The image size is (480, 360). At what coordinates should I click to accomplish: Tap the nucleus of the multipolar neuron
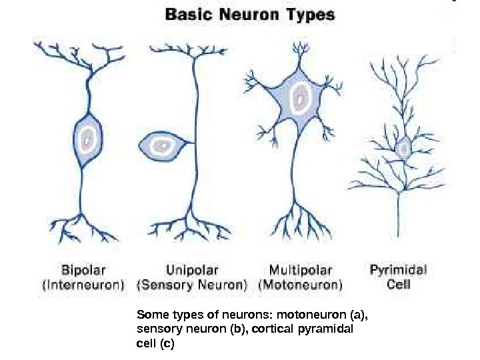(301, 99)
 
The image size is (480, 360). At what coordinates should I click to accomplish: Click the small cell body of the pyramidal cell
(403, 149)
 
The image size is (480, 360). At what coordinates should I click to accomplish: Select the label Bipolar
(83, 271)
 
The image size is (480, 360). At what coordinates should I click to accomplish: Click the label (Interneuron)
(83, 285)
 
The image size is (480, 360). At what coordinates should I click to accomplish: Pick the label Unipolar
(192, 271)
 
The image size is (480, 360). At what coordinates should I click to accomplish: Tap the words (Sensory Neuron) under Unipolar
(192, 285)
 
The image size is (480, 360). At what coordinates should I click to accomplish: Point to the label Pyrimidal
(399, 271)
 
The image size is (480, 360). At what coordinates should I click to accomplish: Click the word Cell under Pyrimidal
(399, 285)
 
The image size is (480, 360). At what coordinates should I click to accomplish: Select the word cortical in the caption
(281, 329)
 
